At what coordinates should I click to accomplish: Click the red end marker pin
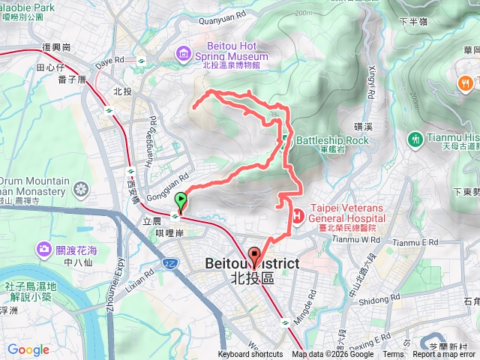(x=253, y=257)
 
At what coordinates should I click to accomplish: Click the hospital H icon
(x=298, y=216)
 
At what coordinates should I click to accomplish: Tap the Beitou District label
(x=252, y=264)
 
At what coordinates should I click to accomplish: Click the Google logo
(x=28, y=349)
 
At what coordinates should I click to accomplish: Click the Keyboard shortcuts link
(x=250, y=355)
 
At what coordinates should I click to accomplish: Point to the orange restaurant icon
(x=463, y=82)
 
